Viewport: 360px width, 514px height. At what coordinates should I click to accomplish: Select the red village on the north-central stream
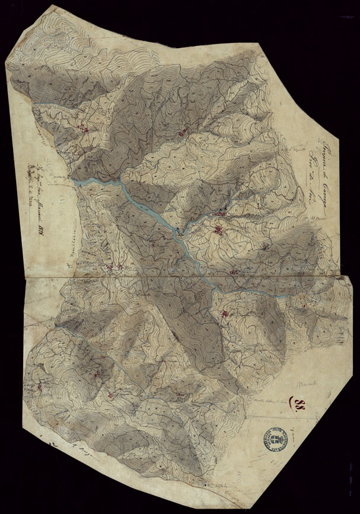(x=183, y=132)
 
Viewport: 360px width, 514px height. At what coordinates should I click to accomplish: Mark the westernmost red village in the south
(x=40, y=386)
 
